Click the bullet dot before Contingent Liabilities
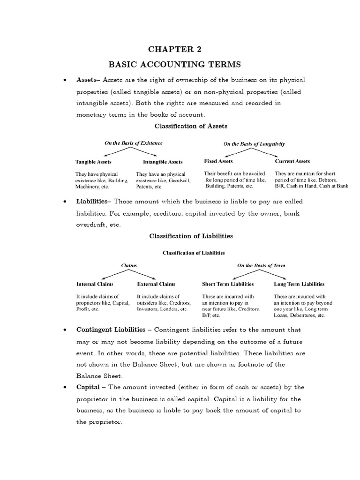click(x=64, y=330)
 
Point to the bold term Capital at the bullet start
click(x=88, y=387)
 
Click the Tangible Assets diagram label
click(x=93, y=162)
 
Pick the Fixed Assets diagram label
click(x=218, y=161)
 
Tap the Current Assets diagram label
click(x=292, y=161)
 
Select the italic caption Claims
click(x=129, y=265)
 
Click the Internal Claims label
click(x=95, y=284)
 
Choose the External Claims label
click(x=156, y=284)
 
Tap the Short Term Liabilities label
click(x=228, y=284)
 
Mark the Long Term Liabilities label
click(x=299, y=284)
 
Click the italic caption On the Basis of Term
click(x=261, y=265)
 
